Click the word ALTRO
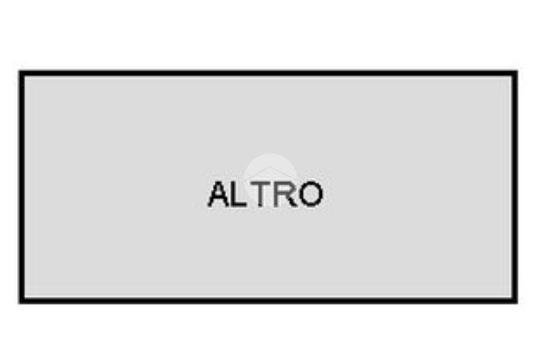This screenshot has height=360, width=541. coord(265,194)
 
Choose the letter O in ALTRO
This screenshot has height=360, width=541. coord(311,194)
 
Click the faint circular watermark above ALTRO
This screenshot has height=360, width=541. coord(270,179)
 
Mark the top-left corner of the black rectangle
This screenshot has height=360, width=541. coord(20,71)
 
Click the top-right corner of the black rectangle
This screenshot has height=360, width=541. coord(517,71)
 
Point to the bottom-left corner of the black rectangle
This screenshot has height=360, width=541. coord(20,303)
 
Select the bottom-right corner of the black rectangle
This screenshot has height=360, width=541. coord(517,303)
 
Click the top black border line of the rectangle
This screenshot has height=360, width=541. coord(268,73)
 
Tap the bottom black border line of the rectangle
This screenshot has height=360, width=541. coord(268,301)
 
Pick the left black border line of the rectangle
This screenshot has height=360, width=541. coord(22,187)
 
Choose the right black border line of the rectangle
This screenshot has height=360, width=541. coord(515,187)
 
